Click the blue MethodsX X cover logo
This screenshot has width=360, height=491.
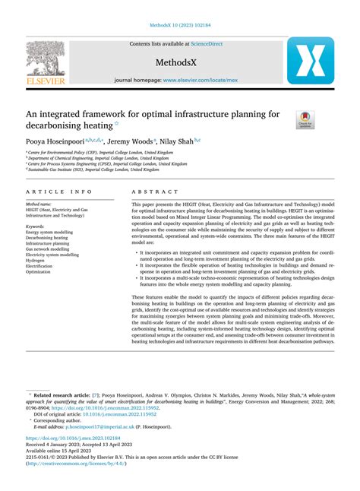click(311, 60)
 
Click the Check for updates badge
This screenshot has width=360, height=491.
click(304, 118)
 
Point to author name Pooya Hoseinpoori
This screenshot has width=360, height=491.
click(55, 141)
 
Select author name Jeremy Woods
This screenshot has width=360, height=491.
click(130, 141)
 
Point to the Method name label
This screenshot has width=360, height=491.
click(39, 204)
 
